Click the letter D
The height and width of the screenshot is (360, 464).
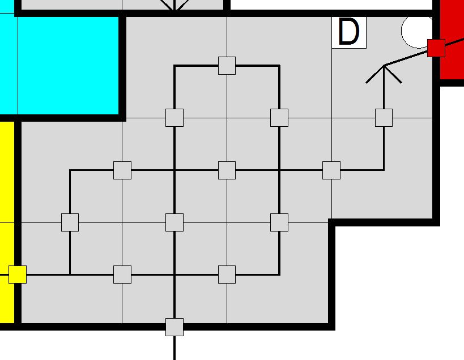348,32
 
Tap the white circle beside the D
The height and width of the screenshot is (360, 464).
417,31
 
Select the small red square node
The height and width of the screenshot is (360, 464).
436,48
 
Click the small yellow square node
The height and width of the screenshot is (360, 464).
18,275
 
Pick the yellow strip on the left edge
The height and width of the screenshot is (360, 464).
7,222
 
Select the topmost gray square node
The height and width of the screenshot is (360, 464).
227,66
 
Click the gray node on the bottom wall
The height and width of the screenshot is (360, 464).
174,327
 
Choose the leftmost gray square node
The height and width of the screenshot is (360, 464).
70,222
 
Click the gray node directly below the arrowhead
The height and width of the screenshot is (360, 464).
384,118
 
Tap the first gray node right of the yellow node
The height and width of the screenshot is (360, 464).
122,275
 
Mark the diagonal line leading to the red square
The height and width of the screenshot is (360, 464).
406,58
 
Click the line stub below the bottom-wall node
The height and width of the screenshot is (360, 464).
174,348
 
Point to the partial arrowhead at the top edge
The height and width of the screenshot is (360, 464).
174,6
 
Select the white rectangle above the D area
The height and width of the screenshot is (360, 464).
331,5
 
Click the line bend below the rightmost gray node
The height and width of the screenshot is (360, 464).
384,170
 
